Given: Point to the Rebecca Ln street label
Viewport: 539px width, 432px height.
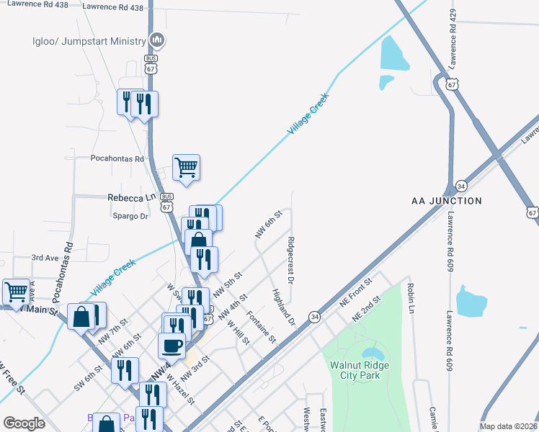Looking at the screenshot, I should [131, 197].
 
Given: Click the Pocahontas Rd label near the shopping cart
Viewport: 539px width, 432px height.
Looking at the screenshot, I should [117, 158].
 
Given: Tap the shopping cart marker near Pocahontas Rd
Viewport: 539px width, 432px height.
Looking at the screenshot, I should [186, 168].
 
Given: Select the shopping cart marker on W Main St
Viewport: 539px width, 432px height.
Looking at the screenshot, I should [16, 292].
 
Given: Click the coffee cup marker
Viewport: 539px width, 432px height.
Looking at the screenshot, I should [171, 346].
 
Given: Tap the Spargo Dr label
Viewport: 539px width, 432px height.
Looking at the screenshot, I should [130, 216].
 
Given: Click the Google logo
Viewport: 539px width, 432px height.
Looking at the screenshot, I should [24, 423].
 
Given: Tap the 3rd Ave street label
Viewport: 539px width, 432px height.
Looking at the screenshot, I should [45, 257].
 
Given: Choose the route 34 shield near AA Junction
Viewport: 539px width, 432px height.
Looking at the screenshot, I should [460, 186].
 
